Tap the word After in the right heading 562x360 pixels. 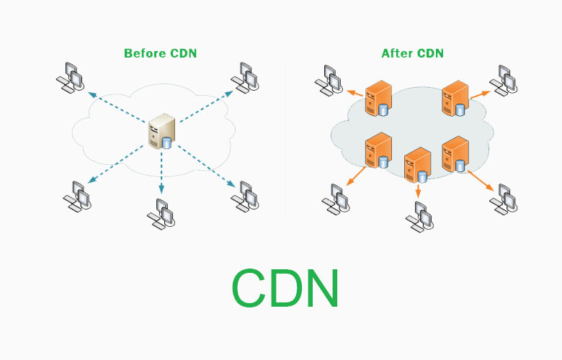point(396,53)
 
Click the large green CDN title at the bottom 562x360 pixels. point(285,288)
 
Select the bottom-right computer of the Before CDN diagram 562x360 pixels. point(245,195)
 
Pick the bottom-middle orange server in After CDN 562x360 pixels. point(416,164)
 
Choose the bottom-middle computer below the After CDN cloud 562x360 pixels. point(419,214)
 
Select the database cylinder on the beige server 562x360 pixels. point(167,142)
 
